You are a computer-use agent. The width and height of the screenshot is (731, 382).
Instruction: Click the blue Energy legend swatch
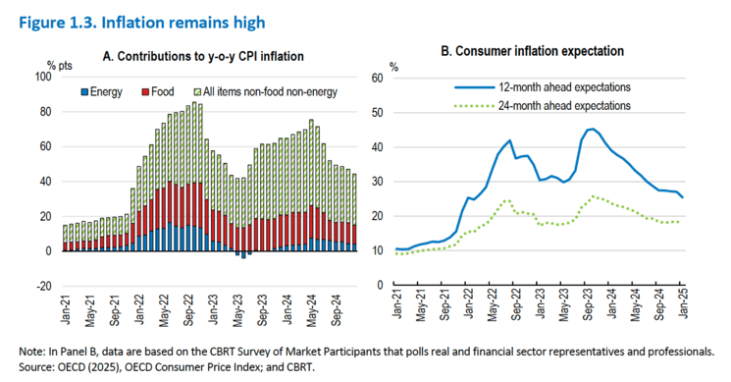pos(83,92)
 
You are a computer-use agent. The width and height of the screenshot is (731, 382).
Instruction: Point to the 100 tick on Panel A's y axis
pos(42,78)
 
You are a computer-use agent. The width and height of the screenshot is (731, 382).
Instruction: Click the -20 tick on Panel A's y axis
pos(42,286)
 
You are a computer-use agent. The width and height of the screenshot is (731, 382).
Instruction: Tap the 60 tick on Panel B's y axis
pos(378,78)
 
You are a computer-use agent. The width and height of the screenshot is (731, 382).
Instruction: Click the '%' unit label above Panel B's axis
pos(393,67)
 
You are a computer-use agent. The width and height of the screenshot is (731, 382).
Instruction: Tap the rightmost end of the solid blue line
pos(683,197)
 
